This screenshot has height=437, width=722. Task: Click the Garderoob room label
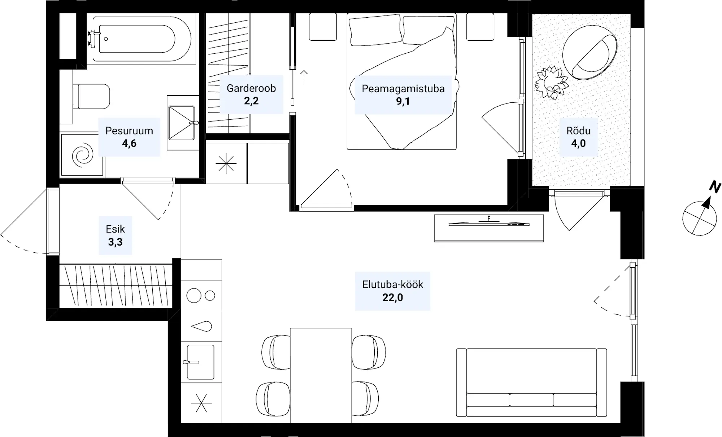(251, 88)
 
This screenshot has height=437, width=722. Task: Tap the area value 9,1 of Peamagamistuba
(403, 101)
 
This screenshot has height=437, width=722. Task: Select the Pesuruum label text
(129, 131)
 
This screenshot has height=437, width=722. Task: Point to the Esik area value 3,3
(115, 242)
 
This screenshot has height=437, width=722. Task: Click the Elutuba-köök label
(393, 284)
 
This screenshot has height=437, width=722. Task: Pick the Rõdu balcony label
(578, 131)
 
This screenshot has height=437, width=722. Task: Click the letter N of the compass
(715, 187)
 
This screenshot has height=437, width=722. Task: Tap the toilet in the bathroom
(91, 96)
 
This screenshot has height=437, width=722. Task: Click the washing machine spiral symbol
(83, 155)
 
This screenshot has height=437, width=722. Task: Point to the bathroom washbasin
(182, 123)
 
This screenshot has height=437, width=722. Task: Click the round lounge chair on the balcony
(590, 52)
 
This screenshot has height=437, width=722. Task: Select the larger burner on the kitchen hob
(194, 296)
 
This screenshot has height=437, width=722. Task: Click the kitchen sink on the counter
(200, 362)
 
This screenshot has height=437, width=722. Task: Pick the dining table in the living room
(321, 375)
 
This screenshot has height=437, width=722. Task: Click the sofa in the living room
(531, 383)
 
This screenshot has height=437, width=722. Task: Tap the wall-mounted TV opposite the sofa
(489, 224)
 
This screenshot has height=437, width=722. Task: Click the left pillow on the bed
(375, 30)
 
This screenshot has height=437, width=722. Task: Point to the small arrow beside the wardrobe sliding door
(304, 77)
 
